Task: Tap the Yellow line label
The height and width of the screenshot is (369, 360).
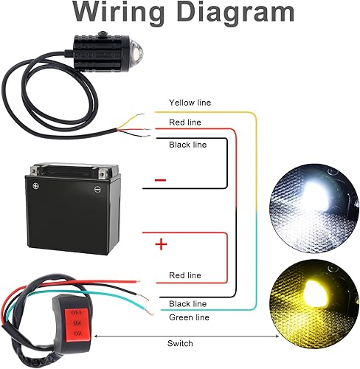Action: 189,103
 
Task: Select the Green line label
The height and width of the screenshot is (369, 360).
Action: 189,317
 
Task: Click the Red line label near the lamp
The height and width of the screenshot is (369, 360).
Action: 185,123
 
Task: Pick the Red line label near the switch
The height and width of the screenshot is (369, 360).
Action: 185,275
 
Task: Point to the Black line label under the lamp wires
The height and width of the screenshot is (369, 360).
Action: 188,145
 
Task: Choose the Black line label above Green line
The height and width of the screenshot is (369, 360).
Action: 188,304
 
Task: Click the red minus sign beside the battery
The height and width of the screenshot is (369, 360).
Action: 161,180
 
